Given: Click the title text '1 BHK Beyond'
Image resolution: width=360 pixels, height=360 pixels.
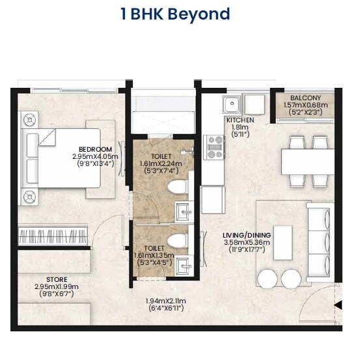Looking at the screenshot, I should [175, 14].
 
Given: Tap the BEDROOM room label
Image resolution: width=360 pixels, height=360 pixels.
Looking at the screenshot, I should [95, 148].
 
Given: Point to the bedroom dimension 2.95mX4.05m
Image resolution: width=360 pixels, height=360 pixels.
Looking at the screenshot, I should [95, 156].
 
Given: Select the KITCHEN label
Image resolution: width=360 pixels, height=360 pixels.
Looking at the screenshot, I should [240, 120].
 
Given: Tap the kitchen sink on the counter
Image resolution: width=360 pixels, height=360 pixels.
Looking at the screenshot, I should [232, 104].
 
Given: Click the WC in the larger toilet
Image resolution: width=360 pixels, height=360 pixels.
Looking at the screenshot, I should [176, 189].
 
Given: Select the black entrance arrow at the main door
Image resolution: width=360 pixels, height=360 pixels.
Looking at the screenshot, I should [337, 305].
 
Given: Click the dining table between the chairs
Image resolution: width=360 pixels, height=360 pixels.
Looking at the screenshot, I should [307, 159].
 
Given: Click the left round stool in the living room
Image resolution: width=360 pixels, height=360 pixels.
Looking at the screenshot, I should [268, 279].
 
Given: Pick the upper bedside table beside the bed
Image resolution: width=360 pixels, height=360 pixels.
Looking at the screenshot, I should [29, 119].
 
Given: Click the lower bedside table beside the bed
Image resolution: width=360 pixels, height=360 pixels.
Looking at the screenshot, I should [29, 197].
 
